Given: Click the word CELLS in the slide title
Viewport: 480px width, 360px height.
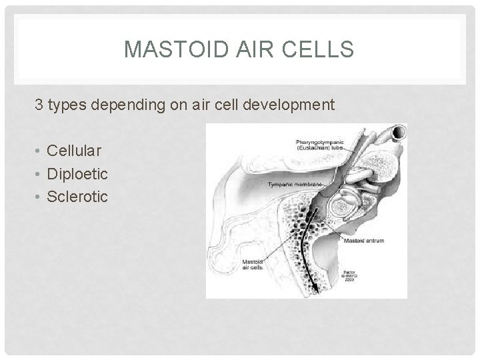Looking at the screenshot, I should (x=325, y=49).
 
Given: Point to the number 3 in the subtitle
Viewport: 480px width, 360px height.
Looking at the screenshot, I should (x=39, y=105).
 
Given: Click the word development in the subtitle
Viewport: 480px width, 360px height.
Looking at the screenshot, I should (x=289, y=105).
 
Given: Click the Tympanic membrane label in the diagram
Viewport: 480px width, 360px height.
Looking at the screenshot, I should (x=293, y=183).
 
